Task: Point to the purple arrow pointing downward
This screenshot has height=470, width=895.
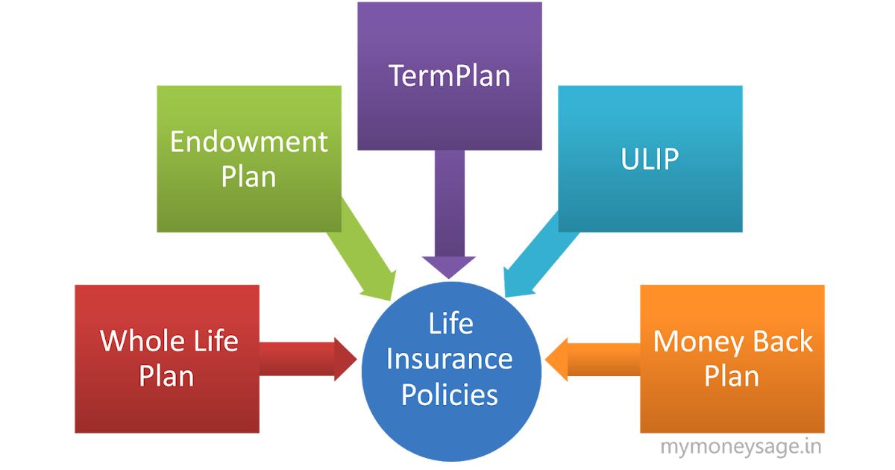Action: click(x=449, y=224)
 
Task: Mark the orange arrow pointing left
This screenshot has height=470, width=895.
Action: click(x=593, y=359)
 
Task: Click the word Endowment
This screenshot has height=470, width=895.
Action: click(x=249, y=142)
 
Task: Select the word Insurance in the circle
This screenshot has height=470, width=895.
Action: click(x=450, y=359)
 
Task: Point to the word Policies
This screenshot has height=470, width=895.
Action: click(x=450, y=394)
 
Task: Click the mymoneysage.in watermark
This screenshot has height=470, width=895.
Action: click(x=741, y=447)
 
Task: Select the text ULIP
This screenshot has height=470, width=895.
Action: click(x=650, y=160)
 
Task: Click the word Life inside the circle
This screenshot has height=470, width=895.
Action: click(x=450, y=324)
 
